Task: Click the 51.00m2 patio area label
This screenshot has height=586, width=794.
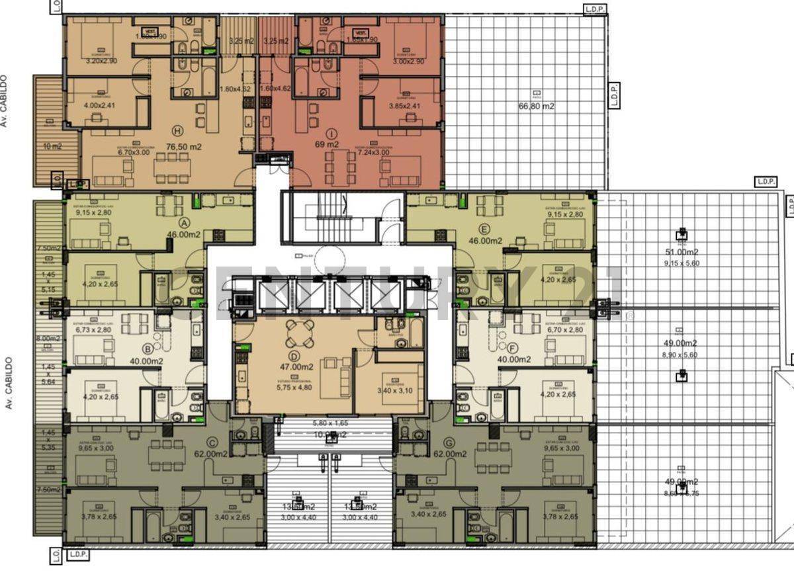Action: [682, 251]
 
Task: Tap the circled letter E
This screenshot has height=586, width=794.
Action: [486, 230]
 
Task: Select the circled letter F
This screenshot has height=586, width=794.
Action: [513, 348]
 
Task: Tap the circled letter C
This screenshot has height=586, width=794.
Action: [211, 442]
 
